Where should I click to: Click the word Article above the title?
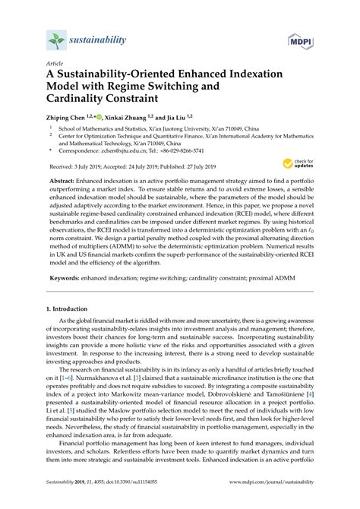click(55, 63)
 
